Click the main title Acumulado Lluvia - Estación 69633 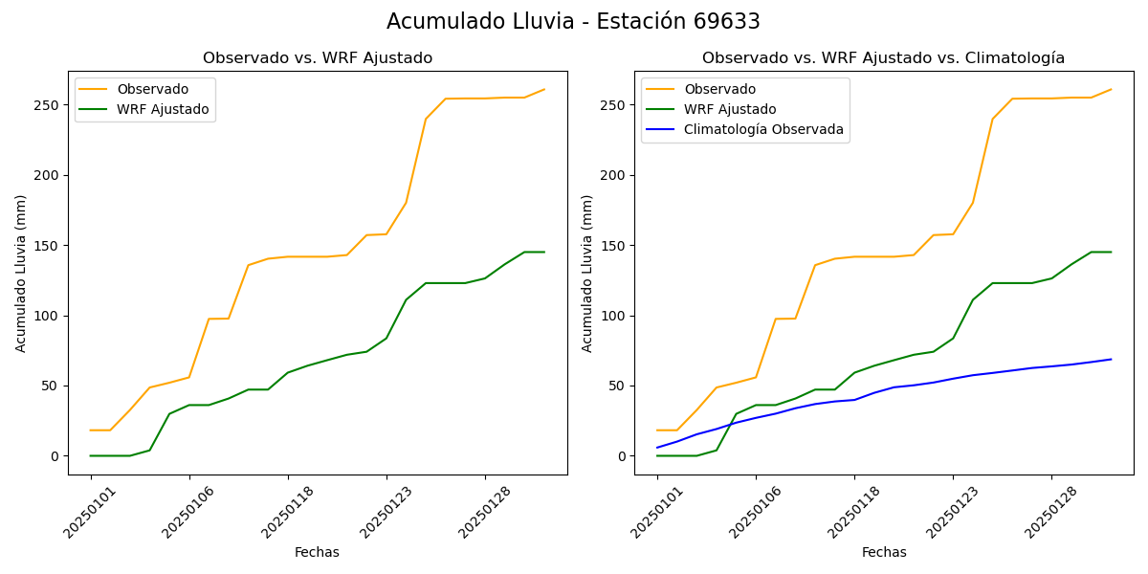coord(573,22)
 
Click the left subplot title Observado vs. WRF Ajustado coord(318,58)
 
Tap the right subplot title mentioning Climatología coord(883,58)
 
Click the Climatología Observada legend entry coord(763,130)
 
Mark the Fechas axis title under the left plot coord(317,552)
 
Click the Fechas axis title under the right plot coord(884,552)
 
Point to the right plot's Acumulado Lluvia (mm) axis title coord(587,273)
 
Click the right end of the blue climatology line coord(1111,360)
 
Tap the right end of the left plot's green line coord(544,252)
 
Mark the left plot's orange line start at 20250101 coord(91,430)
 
